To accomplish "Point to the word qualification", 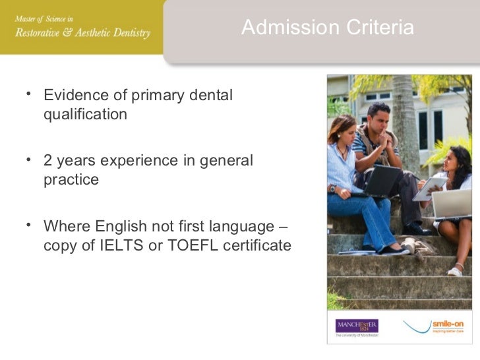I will (85, 114).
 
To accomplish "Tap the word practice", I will (71, 179).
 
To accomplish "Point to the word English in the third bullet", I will (122, 227).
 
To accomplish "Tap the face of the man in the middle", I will (380, 118).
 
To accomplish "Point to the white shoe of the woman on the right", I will (456, 270).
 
